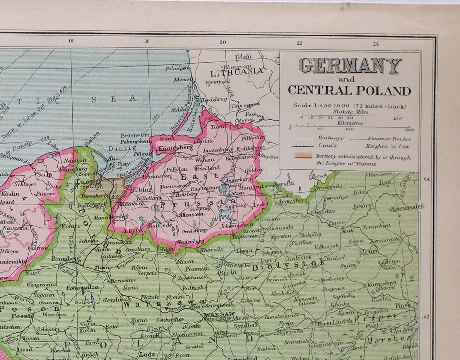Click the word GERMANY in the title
tap(350, 66)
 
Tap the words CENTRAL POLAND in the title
tap(349, 91)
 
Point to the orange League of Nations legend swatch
tap(303, 156)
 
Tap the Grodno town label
tap(325, 211)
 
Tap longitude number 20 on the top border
tap(223, 42)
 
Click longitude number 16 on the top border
tap(71, 42)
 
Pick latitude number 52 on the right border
tap(426, 316)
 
